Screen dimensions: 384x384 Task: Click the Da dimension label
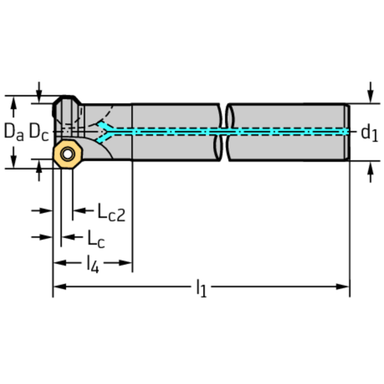(14, 132)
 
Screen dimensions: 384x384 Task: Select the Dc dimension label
(39, 132)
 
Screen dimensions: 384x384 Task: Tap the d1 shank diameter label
(369, 134)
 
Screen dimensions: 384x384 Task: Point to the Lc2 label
(112, 212)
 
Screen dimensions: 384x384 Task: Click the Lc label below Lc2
(96, 239)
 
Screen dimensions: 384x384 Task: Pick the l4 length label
(93, 264)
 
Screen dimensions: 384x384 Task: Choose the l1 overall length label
(201, 288)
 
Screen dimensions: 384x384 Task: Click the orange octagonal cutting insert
(68, 154)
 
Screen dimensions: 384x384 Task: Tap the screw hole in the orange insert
(68, 154)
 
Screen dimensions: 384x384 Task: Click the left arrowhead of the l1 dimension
(60, 286)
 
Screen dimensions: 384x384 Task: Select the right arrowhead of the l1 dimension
(342, 286)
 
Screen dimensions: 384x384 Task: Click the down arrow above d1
(370, 93)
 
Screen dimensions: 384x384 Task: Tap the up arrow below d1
(370, 172)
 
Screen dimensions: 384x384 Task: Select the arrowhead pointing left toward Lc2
(80, 210)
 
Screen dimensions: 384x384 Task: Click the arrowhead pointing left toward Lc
(68, 237)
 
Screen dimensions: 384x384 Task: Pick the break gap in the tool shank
(224, 132)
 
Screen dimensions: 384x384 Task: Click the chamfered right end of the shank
(347, 132)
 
